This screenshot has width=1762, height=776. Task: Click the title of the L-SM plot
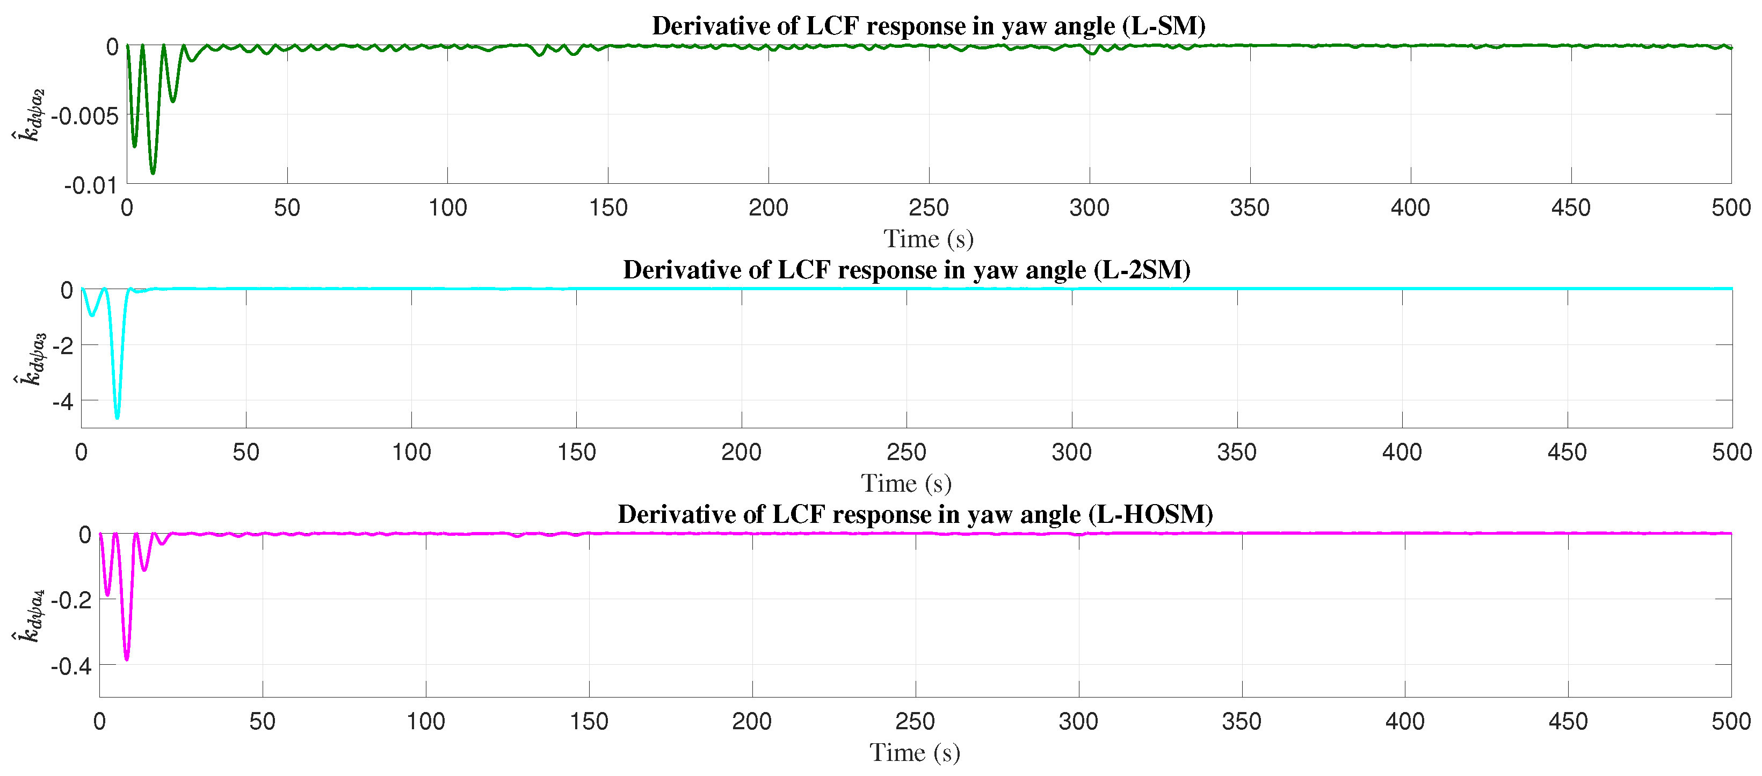tap(928, 26)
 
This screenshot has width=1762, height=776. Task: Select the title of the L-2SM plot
tap(907, 270)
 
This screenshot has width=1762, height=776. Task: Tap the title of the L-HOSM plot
tap(915, 515)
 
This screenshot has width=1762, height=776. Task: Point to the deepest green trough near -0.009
tap(153, 173)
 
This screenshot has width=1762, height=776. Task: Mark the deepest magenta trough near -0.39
tap(127, 658)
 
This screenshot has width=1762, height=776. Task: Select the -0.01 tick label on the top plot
tap(90, 185)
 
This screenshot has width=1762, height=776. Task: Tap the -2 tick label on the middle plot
tap(62, 346)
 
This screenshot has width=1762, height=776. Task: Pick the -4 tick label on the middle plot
tap(62, 401)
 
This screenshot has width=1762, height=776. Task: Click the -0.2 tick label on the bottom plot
tap(70, 600)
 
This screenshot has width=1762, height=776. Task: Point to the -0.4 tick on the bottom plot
tap(70, 666)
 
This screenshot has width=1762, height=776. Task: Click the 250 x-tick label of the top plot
tap(928, 207)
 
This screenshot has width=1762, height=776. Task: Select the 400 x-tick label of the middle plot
tap(1402, 451)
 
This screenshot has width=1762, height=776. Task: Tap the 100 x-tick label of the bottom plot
tap(425, 721)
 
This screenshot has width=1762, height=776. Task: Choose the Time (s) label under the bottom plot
tap(915, 753)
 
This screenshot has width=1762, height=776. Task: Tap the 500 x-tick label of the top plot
tap(1730, 207)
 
